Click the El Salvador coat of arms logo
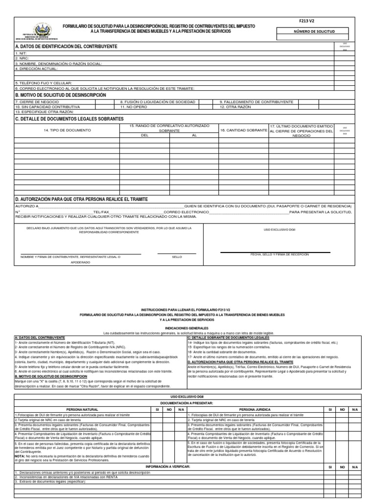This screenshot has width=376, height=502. (39, 28)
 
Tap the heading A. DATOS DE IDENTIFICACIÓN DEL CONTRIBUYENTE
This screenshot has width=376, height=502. (67, 46)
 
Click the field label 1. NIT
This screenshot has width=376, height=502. (20, 53)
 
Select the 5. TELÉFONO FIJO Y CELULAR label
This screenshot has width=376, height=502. (44, 83)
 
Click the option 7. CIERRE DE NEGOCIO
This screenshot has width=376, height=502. (35, 101)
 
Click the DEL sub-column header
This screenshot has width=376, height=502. (144, 135)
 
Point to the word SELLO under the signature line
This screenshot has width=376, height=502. (177, 257)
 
